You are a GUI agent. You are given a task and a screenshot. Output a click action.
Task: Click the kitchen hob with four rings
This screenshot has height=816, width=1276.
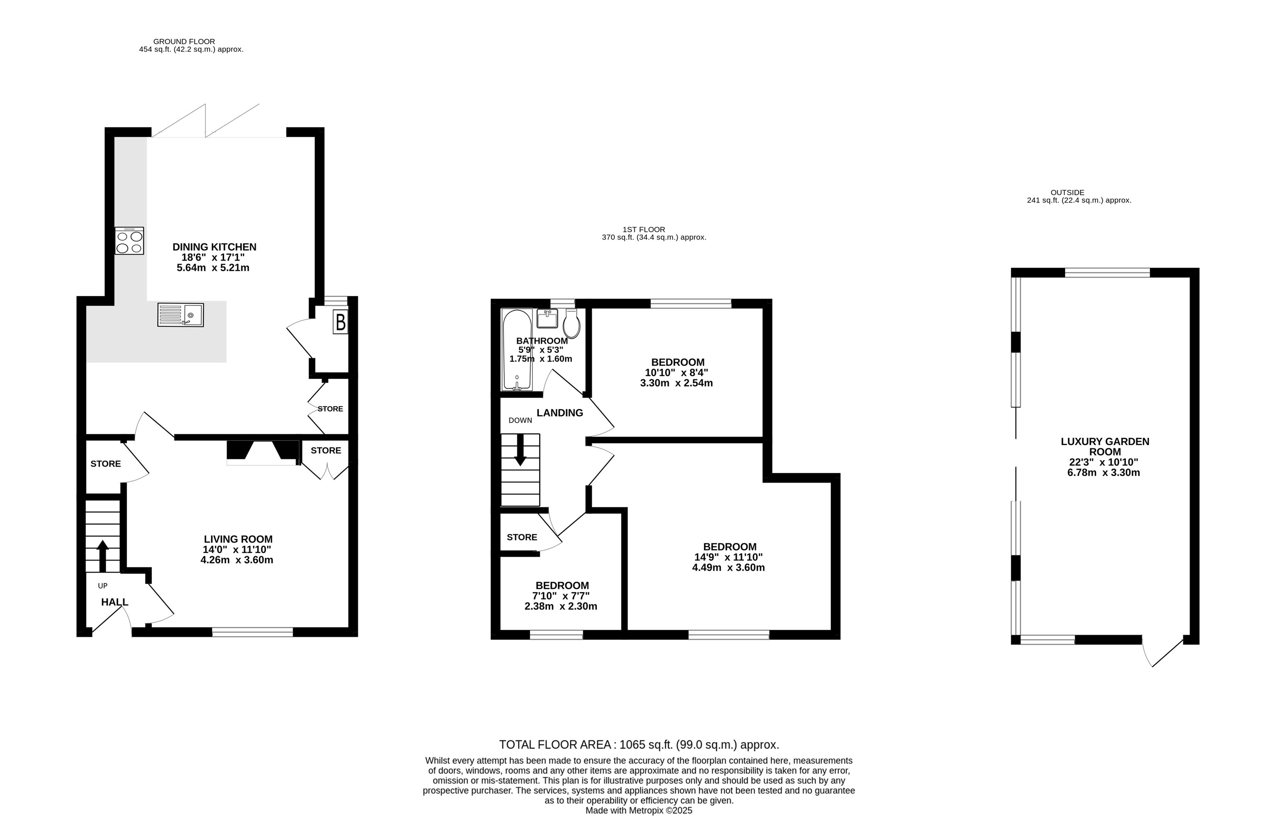[x=129, y=241]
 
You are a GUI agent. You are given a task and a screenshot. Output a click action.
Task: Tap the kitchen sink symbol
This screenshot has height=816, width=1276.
[x=180, y=315]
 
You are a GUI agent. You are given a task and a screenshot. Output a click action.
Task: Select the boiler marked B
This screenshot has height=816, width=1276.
[x=340, y=322]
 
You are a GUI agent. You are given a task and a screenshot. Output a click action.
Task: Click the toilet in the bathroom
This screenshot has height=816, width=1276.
[x=571, y=323]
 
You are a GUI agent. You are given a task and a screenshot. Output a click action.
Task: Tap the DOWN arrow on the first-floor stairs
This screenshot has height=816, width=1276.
[x=520, y=450]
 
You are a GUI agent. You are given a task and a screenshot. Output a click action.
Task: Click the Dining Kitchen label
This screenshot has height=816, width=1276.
[x=214, y=247]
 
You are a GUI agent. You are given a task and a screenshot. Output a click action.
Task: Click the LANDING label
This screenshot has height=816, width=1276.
[x=560, y=413]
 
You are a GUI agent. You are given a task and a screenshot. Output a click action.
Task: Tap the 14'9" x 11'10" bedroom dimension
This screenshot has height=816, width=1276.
[x=728, y=557]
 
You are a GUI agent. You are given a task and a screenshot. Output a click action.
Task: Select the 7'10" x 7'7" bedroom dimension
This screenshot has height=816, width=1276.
[x=561, y=596]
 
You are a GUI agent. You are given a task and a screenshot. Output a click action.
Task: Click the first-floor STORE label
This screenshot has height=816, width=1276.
[x=522, y=537]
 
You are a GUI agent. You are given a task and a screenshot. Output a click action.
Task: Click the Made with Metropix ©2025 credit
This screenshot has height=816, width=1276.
[x=638, y=811]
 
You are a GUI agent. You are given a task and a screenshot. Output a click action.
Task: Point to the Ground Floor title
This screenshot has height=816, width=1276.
[x=184, y=41]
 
